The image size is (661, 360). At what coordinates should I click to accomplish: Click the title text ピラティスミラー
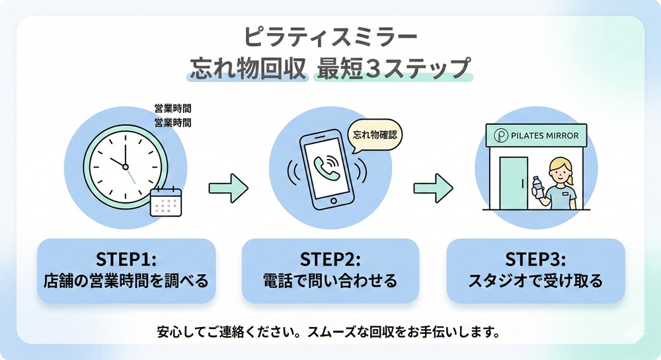click(330, 36)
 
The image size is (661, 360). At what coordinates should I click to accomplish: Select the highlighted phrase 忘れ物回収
click(248, 68)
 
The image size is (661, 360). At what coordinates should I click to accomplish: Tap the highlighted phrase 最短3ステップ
click(394, 68)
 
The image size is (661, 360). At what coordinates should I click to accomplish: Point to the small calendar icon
click(165, 202)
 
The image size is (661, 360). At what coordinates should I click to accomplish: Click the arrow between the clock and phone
click(228, 188)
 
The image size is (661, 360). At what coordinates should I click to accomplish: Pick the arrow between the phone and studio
click(433, 188)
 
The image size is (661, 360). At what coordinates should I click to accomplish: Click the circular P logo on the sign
click(502, 136)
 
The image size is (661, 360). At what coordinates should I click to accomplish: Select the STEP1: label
click(126, 257)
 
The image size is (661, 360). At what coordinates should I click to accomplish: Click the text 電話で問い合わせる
click(330, 281)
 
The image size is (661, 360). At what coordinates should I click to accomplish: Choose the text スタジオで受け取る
click(535, 281)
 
